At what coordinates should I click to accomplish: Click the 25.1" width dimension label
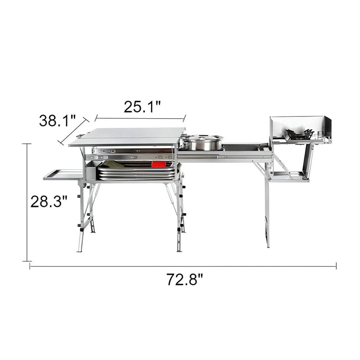click(x=142, y=107)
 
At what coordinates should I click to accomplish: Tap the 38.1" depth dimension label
click(x=57, y=121)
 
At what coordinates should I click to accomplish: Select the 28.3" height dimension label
click(x=49, y=201)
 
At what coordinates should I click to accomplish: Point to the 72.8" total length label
click(x=185, y=279)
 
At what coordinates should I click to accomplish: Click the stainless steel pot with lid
click(x=201, y=143)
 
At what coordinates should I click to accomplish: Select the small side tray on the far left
click(x=63, y=175)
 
